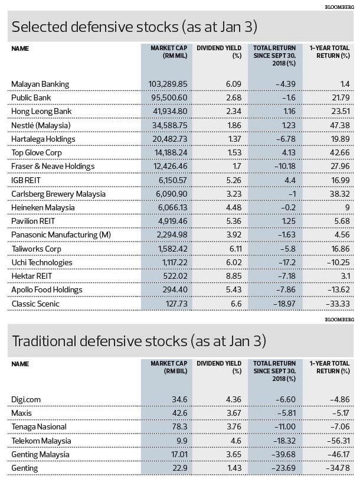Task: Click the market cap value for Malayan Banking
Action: point(168,84)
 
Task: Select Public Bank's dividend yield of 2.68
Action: point(234,97)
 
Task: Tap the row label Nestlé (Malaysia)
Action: point(41,125)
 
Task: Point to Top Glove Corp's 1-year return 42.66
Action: point(341,152)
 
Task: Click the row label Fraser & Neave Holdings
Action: point(53,167)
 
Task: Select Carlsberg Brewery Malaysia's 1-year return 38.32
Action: point(341,194)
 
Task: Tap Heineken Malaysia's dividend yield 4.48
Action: point(234,207)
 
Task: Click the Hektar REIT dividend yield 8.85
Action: point(234,276)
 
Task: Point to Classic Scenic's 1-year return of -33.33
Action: point(338,304)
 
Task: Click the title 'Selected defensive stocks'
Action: point(95,27)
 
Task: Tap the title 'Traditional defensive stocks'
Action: point(100,341)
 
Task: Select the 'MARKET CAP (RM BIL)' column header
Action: point(169,367)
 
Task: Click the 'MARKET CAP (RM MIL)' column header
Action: point(169,51)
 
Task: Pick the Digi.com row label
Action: point(26,400)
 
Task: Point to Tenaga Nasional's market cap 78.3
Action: point(179,426)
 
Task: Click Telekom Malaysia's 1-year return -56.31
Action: point(338,441)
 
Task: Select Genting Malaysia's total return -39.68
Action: point(284,454)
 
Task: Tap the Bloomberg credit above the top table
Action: point(339,6)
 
